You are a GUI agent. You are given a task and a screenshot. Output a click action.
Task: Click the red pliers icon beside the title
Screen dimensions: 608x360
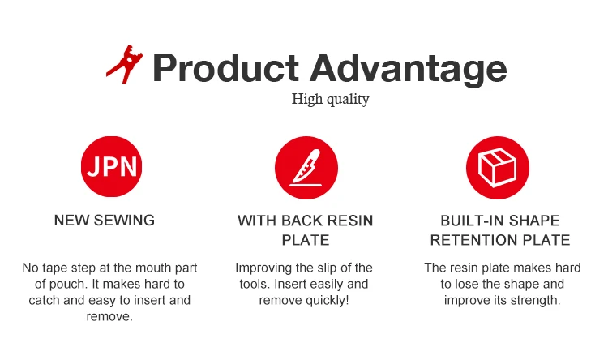coord(125,64)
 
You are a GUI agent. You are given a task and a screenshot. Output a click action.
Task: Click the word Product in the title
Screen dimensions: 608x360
coord(225,68)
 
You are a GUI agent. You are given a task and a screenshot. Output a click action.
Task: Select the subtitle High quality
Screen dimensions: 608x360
coord(331,99)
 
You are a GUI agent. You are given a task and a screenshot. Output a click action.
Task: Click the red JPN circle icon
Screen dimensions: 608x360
coord(112,166)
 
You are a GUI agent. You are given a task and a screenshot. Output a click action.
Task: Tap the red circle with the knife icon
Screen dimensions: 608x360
coord(306,168)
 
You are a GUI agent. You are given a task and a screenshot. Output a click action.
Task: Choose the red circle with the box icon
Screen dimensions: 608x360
coord(498,168)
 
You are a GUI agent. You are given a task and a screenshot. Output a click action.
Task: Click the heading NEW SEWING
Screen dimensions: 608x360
coord(105,221)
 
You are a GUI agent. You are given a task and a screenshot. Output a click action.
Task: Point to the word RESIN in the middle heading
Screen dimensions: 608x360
coord(350,221)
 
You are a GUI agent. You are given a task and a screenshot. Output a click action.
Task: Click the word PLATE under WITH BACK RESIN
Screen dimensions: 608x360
coord(306,240)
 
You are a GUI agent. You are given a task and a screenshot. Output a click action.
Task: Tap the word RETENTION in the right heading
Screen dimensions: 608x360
coord(474,240)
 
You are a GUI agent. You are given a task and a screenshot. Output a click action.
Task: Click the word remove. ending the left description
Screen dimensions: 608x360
coord(109,316)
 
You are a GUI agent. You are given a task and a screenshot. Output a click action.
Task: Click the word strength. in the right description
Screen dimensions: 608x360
coord(540,300)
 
